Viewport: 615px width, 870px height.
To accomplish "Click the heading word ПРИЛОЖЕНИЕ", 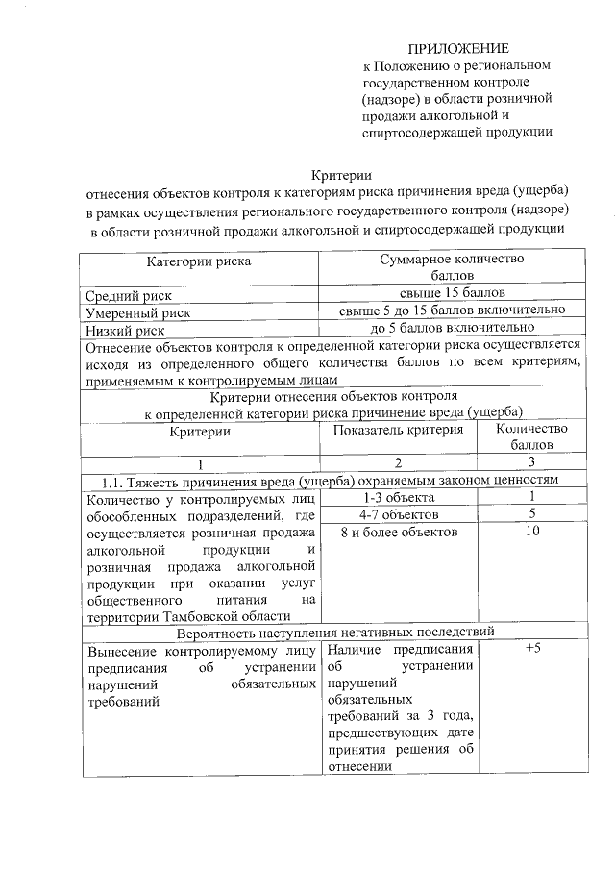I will [458, 48].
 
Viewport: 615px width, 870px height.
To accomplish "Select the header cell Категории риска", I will [199, 261].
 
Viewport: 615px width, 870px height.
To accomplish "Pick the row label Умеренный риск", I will [138, 312].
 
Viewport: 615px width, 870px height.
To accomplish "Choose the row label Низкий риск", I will [125, 331].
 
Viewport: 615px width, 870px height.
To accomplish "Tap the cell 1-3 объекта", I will [398, 497].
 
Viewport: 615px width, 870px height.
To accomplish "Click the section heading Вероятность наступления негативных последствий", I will [335, 632].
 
